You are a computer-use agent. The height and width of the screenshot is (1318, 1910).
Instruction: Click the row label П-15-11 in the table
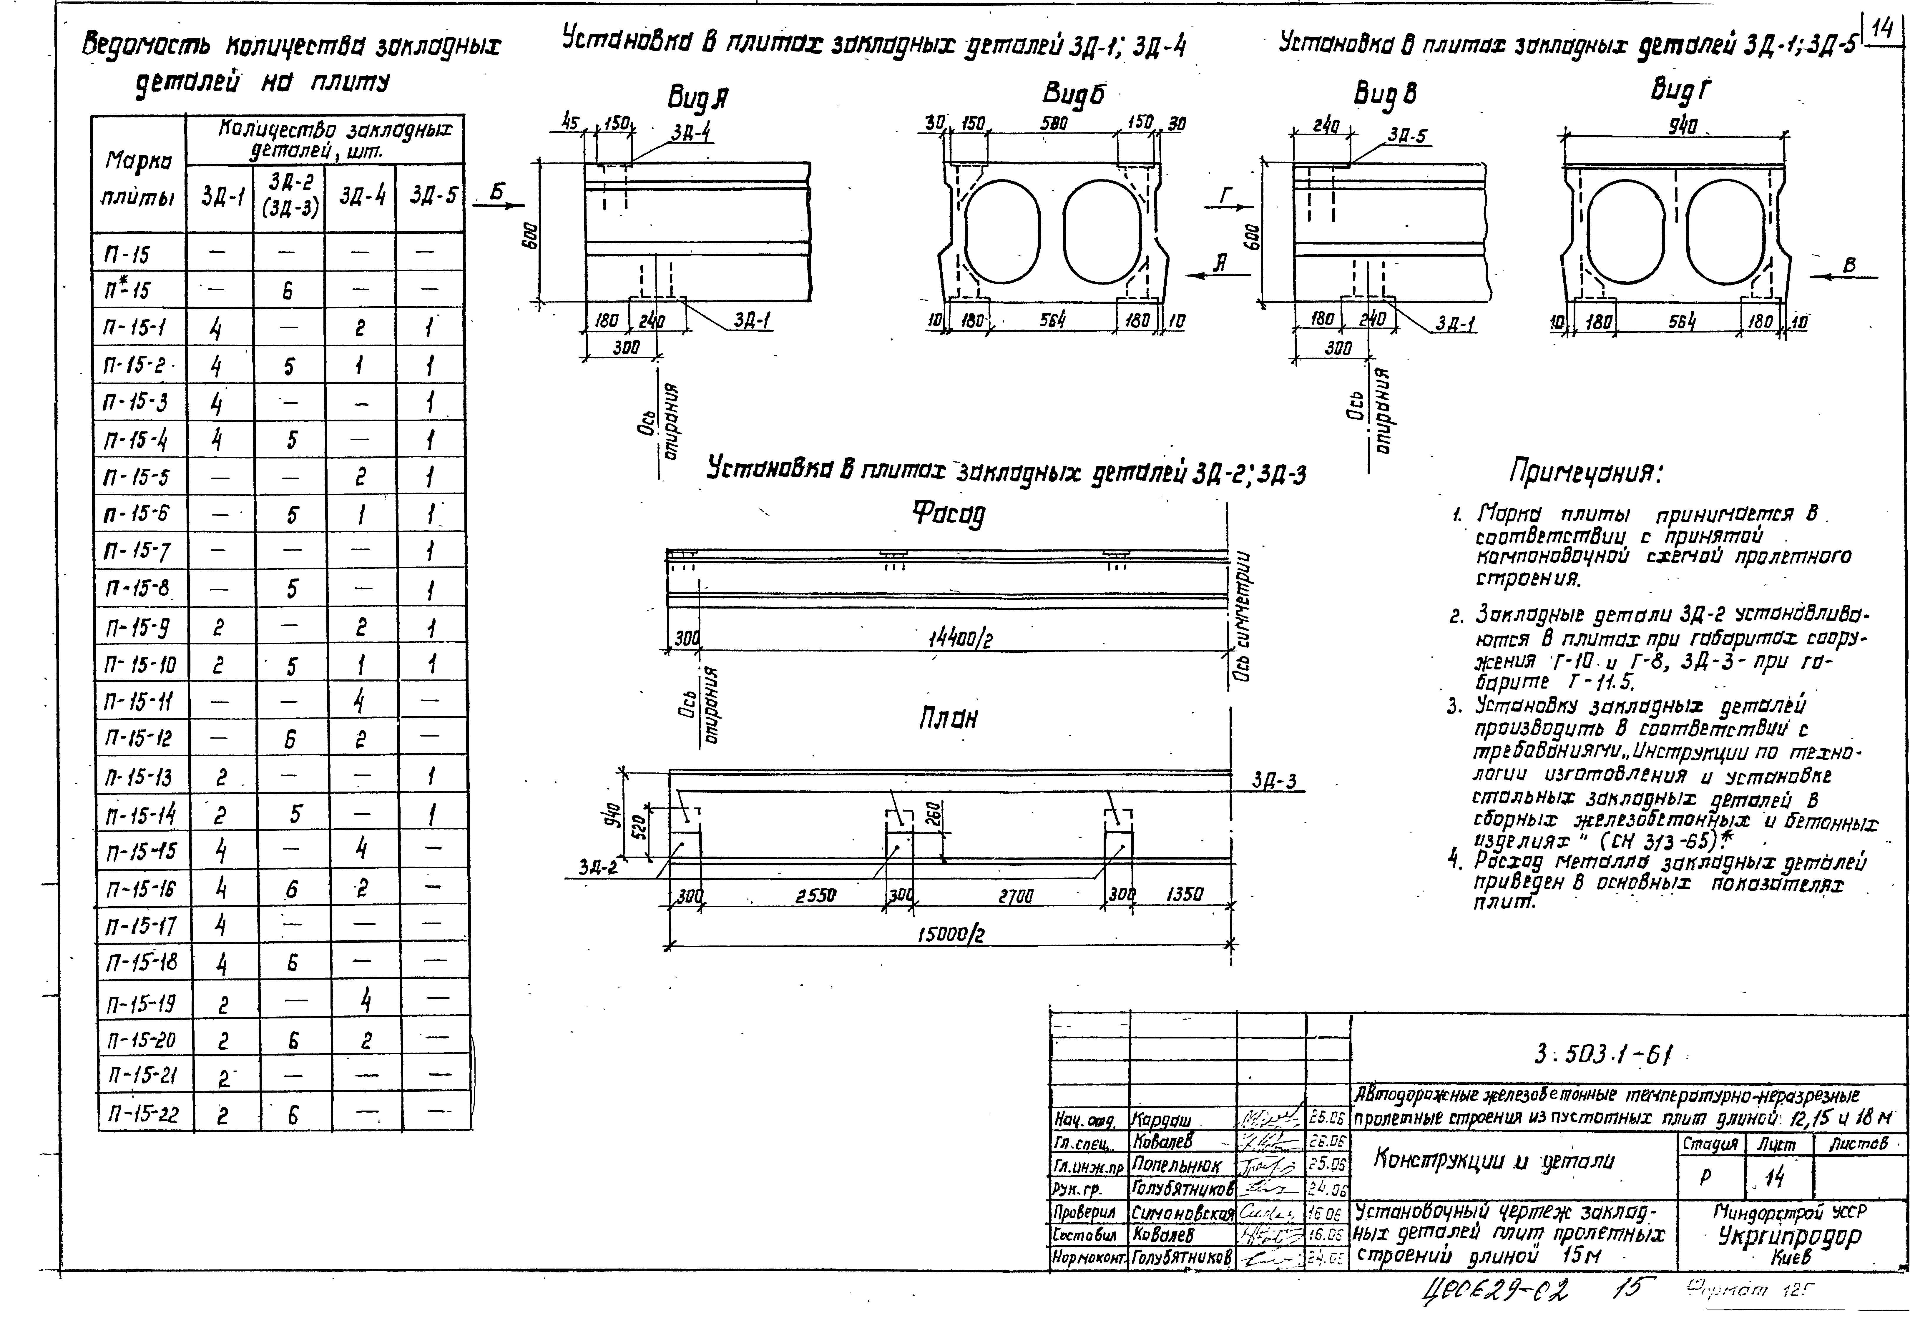tap(139, 702)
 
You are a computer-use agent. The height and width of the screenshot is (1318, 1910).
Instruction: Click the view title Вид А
tap(698, 100)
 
